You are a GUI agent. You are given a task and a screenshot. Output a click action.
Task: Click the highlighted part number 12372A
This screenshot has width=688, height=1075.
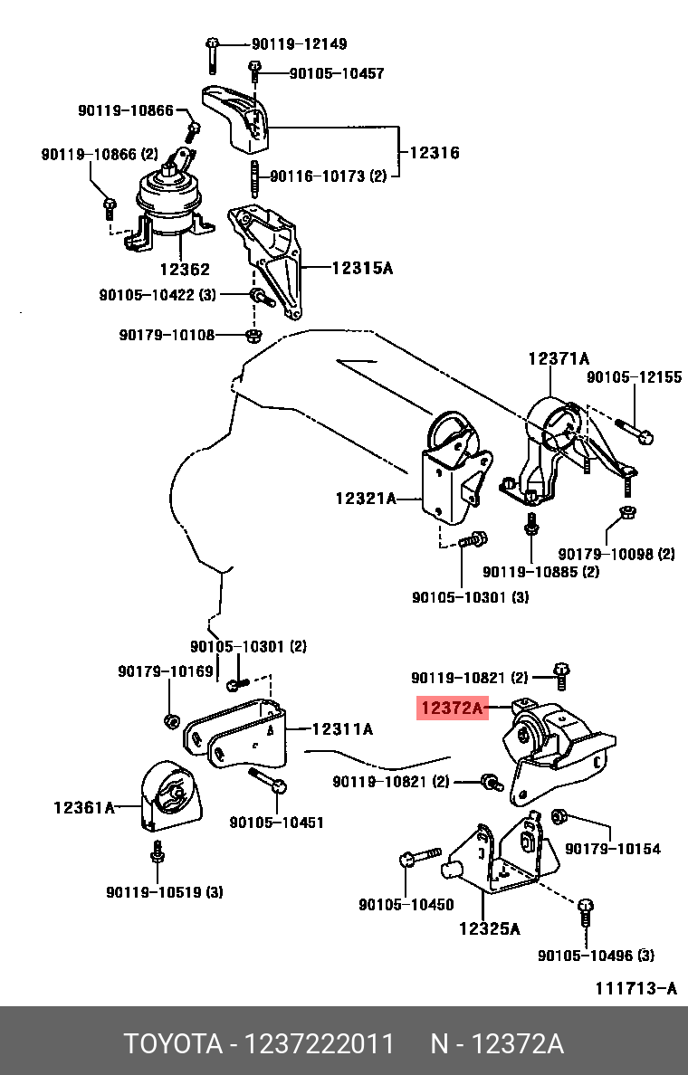pyautogui.click(x=452, y=709)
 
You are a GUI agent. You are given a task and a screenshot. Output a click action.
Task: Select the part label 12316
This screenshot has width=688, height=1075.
pyautogui.click(x=434, y=153)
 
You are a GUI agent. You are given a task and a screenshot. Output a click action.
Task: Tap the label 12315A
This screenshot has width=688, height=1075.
pyautogui.click(x=362, y=268)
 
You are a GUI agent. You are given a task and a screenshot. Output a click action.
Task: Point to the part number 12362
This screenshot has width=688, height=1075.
pyautogui.click(x=185, y=269)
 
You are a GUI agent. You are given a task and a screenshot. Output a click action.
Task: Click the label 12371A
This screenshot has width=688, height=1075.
pyautogui.click(x=559, y=358)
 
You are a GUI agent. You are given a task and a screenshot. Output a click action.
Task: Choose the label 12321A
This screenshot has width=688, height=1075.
pyautogui.click(x=366, y=498)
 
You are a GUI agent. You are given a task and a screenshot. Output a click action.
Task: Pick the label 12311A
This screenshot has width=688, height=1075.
pyautogui.click(x=342, y=728)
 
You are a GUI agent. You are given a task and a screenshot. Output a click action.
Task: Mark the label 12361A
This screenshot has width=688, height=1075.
pyautogui.click(x=84, y=806)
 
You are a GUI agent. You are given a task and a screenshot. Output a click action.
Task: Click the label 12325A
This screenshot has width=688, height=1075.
pyautogui.click(x=489, y=928)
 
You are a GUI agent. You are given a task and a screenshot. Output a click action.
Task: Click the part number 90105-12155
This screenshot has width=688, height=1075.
pyautogui.click(x=634, y=377)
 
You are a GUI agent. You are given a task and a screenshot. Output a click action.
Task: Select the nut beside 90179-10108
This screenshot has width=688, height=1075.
pyautogui.click(x=254, y=336)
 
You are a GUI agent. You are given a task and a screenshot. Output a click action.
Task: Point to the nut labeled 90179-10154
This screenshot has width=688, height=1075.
pyautogui.click(x=559, y=817)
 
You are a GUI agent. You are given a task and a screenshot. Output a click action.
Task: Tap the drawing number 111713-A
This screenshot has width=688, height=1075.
pyautogui.click(x=635, y=987)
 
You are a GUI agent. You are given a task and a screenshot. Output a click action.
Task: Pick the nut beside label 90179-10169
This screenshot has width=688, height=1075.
pyautogui.click(x=169, y=720)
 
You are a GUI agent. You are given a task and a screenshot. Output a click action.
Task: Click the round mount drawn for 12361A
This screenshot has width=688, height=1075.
pyautogui.click(x=167, y=795)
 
